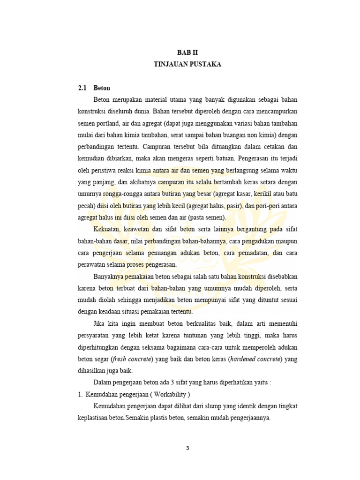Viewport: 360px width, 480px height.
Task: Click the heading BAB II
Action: click(187, 54)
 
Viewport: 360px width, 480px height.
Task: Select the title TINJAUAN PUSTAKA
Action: click(187, 65)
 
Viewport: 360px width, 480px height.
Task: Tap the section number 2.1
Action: click(82, 88)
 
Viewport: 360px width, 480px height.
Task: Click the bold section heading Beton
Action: click(102, 88)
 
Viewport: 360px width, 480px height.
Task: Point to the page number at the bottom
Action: click(187, 448)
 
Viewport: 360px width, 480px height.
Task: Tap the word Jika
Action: click(99, 323)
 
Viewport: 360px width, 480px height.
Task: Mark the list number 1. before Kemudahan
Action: click(80, 394)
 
